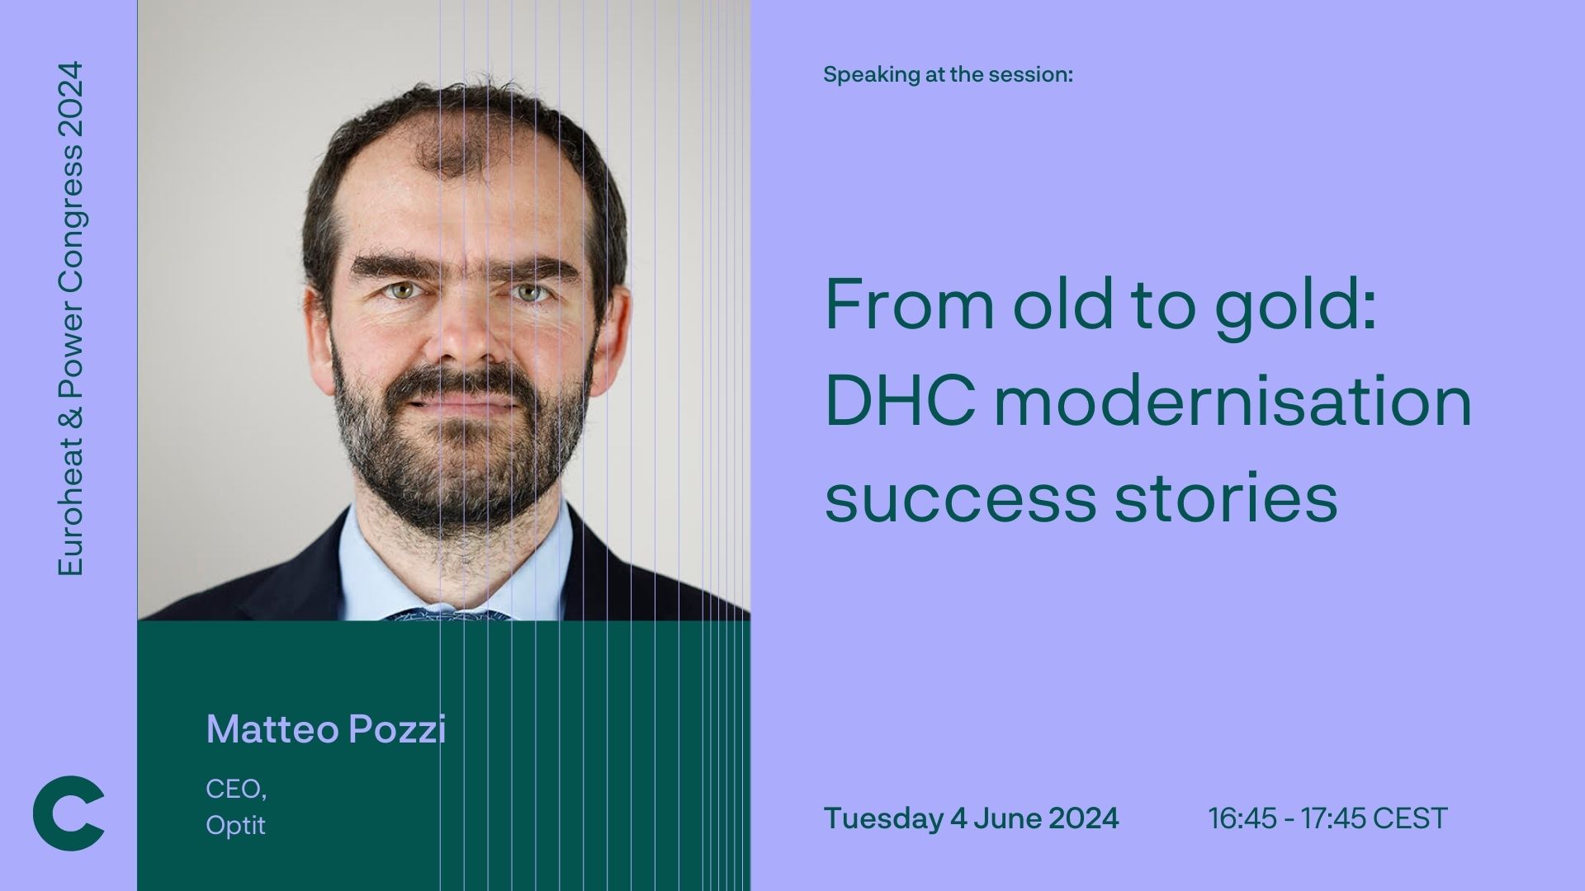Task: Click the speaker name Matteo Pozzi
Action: pyautogui.click(x=326, y=729)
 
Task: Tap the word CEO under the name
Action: pyautogui.click(x=234, y=790)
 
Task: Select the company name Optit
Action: pyautogui.click(x=236, y=825)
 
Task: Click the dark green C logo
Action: pyautogui.click(x=69, y=813)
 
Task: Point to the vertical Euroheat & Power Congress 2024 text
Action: pyautogui.click(x=70, y=318)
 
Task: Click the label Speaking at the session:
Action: pyautogui.click(x=948, y=75)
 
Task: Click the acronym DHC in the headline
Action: pyautogui.click(x=901, y=402)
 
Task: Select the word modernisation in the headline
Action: pyautogui.click(x=1233, y=401)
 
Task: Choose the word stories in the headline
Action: pyautogui.click(x=1226, y=497)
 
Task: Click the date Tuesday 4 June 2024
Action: pyautogui.click(x=972, y=818)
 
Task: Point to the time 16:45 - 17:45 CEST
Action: pyautogui.click(x=1327, y=818)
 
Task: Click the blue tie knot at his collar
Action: pyautogui.click(x=450, y=615)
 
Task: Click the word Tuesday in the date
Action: pyautogui.click(x=883, y=818)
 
